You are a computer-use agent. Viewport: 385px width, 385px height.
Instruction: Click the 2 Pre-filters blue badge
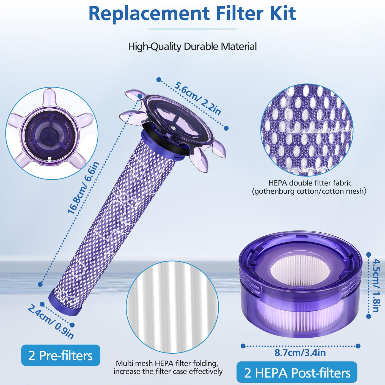61,355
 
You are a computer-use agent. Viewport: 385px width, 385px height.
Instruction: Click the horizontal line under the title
193,29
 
